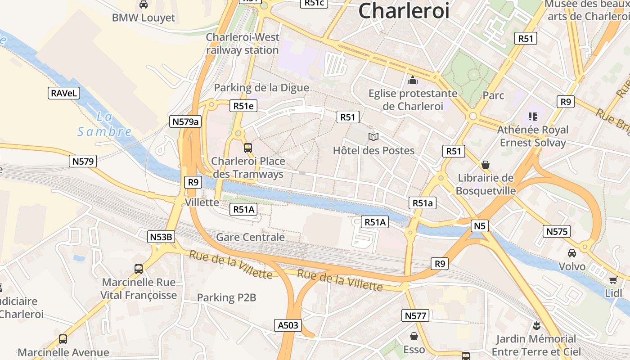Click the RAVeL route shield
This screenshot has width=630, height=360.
[x=64, y=94]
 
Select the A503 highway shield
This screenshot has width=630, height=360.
[x=288, y=325]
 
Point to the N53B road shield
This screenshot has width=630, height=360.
[x=161, y=237]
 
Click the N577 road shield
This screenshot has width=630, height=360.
[x=415, y=316]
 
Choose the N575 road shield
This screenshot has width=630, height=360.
[x=557, y=232]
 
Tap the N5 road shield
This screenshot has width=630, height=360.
[x=480, y=226]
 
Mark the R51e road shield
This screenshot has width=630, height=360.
[x=243, y=106]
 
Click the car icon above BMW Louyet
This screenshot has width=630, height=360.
[x=144, y=4]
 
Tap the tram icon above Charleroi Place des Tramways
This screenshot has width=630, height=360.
[x=247, y=148]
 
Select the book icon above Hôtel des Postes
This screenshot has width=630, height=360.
[x=373, y=137]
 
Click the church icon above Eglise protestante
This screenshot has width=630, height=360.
[x=412, y=81]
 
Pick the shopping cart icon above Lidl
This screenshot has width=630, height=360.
[x=613, y=280]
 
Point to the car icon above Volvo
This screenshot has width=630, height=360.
[x=571, y=253]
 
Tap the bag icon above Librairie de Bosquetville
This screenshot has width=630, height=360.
[x=485, y=165]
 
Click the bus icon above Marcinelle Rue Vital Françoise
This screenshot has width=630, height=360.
[x=139, y=269]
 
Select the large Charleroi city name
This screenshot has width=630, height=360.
[x=404, y=10]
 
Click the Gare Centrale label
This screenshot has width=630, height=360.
[x=250, y=237]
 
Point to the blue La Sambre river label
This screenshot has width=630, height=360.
[x=104, y=125]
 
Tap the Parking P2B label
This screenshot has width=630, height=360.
[x=226, y=297]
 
